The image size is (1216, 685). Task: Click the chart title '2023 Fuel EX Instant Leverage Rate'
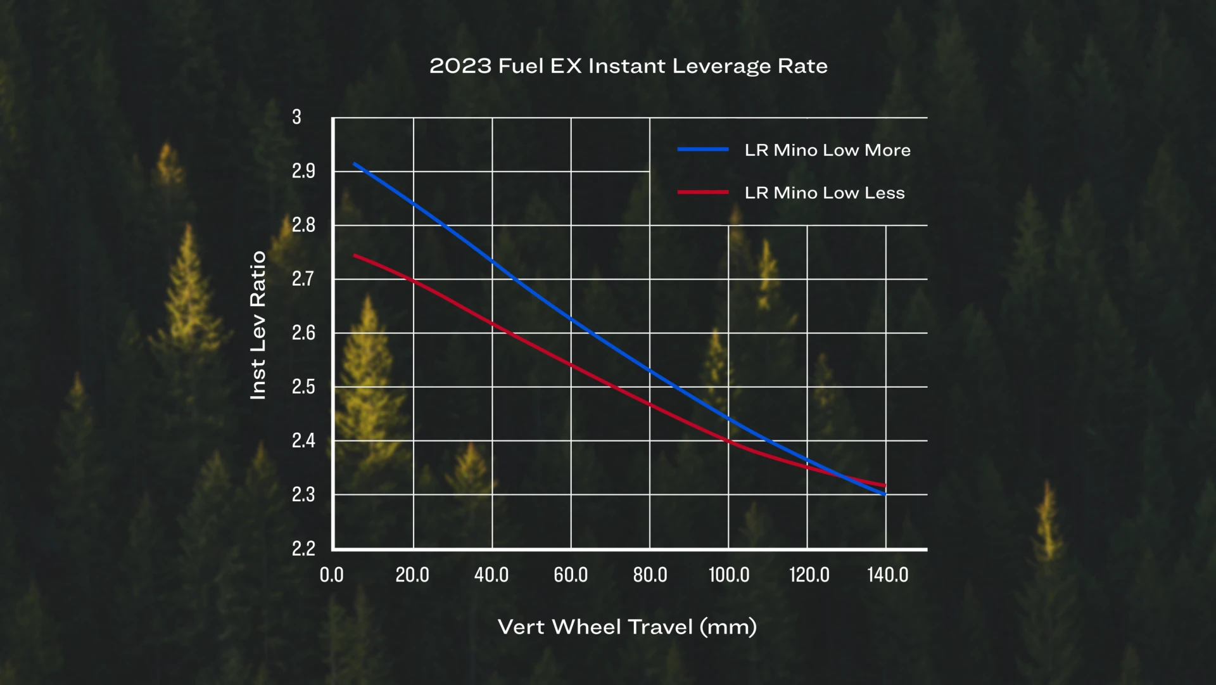click(x=628, y=66)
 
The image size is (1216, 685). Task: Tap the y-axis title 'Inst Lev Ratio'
click(x=258, y=325)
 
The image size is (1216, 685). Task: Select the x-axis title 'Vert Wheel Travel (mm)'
click(x=627, y=627)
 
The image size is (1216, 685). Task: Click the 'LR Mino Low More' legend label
click(x=827, y=150)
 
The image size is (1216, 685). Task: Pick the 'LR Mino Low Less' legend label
click(x=825, y=193)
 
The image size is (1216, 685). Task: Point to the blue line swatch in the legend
click(x=703, y=150)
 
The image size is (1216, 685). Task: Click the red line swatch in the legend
click(x=703, y=192)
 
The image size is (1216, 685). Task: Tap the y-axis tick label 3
click(x=296, y=117)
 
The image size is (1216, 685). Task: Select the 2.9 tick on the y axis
click(x=303, y=171)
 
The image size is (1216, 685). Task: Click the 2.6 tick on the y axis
click(x=303, y=333)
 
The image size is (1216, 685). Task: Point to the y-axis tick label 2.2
click(x=303, y=548)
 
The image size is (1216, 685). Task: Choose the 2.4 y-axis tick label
click(x=303, y=440)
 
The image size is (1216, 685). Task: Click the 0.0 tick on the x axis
click(x=331, y=575)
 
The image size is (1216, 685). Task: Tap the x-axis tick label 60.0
click(x=571, y=575)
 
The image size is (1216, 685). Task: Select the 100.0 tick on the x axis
click(x=728, y=575)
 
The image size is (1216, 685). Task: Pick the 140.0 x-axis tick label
click(x=887, y=575)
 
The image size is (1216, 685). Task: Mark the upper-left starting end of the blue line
click(x=354, y=163)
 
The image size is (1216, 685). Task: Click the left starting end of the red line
click(x=354, y=255)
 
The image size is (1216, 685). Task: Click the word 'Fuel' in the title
click(x=521, y=66)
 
